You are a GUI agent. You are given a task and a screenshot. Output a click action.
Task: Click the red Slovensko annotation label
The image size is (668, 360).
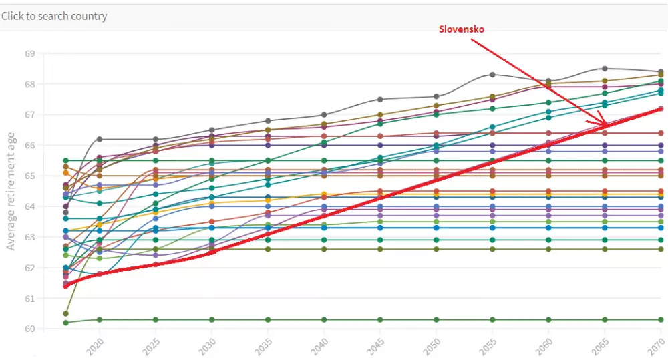coord(462,30)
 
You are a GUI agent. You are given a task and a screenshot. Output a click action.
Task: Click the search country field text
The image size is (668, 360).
coord(54,16)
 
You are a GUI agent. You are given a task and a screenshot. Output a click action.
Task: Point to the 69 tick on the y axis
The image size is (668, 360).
coord(29,53)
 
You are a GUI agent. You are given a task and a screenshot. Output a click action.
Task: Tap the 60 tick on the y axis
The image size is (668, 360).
coord(29,329)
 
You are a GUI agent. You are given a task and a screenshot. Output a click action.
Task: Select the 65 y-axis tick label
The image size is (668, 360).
coord(29,176)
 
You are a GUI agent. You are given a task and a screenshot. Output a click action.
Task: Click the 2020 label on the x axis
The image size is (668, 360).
coord(95,349)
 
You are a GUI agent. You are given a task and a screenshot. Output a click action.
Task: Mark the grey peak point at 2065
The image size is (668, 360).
coord(605,69)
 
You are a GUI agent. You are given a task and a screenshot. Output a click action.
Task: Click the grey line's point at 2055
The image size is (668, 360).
coord(492,75)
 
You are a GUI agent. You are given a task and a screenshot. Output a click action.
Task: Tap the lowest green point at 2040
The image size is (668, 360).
coord(324,320)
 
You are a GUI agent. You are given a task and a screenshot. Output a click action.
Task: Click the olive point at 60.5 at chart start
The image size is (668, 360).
coord(65,313)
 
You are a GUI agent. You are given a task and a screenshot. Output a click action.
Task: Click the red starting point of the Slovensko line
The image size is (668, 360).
coord(65,286)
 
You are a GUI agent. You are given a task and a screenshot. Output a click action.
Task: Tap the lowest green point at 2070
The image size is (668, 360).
coord(661,320)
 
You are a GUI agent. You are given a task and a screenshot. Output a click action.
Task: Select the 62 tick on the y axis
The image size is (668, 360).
coord(29,268)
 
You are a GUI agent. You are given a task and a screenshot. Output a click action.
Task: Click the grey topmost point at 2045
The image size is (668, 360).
coord(380,100)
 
